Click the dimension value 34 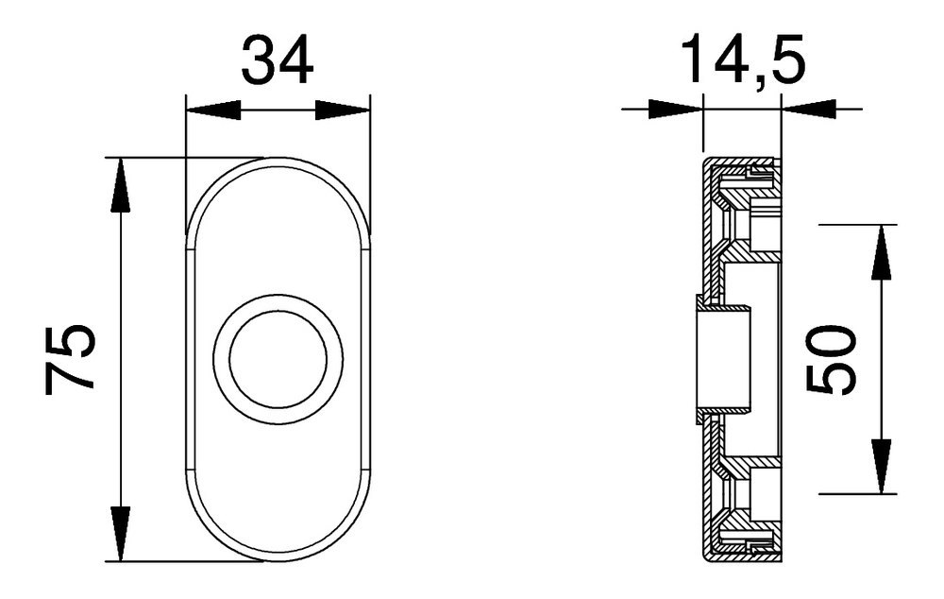pos(277,60)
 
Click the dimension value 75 pos(71,358)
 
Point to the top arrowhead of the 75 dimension pos(120,185)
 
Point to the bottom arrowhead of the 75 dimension pos(120,534)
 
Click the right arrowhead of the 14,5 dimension pos(809,110)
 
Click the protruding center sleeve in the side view pos(722,359)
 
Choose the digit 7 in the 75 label pos(71,377)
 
